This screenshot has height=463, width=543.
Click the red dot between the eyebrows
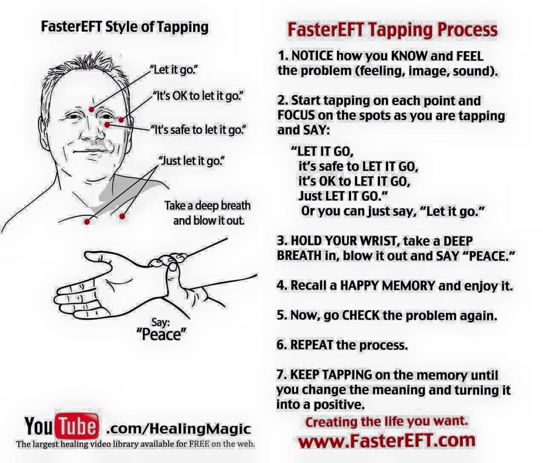92,109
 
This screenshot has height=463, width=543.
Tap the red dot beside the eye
121,120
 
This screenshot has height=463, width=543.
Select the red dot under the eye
107,125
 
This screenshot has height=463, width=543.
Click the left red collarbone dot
87,221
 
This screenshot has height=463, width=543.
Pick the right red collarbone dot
122,216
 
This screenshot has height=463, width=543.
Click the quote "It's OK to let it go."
199,96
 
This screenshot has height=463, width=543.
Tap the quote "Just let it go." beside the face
192,161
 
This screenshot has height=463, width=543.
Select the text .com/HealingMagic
178,428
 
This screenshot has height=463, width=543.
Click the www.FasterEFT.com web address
387,440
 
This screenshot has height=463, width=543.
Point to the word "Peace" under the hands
161,334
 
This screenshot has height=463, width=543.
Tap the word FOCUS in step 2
296,115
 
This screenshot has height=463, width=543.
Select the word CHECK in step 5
361,315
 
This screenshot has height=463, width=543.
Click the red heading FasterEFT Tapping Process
393,30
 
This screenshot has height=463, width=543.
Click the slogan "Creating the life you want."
386,422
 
